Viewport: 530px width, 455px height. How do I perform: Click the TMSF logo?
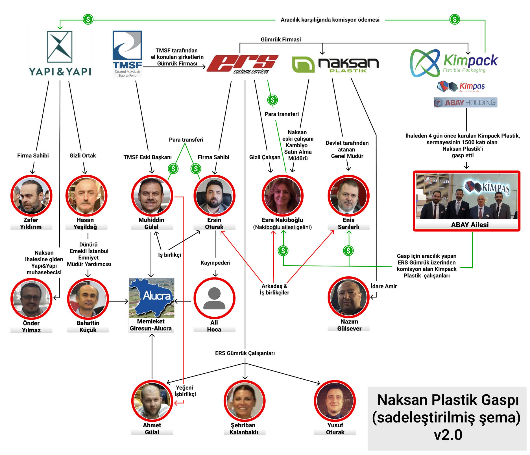[x=127, y=54]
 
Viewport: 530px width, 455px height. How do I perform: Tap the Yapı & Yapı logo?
[x=60, y=54]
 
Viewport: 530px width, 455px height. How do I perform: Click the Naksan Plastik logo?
[x=335, y=65]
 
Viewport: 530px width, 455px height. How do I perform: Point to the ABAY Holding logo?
[x=466, y=102]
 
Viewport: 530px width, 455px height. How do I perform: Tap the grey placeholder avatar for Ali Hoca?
[x=214, y=298]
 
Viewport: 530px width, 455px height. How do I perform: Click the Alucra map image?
[x=152, y=298]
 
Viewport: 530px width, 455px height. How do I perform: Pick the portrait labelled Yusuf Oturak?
[x=335, y=401]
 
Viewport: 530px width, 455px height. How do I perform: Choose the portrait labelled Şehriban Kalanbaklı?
[x=244, y=401]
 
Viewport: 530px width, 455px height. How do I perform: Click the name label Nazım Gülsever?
[x=349, y=325]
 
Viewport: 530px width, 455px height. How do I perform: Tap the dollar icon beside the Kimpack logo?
[x=455, y=19]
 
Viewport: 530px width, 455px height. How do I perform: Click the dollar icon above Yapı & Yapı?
[x=88, y=19]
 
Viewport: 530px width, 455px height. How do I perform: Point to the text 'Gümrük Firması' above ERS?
[x=281, y=40]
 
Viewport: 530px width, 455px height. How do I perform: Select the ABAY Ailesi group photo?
[x=467, y=196]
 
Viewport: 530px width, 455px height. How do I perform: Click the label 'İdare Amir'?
[x=384, y=286]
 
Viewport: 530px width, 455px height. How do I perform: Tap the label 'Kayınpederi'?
[x=215, y=263]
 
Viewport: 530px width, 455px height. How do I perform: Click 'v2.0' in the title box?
[x=448, y=435]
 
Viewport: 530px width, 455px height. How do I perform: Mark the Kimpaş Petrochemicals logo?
[x=461, y=87]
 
